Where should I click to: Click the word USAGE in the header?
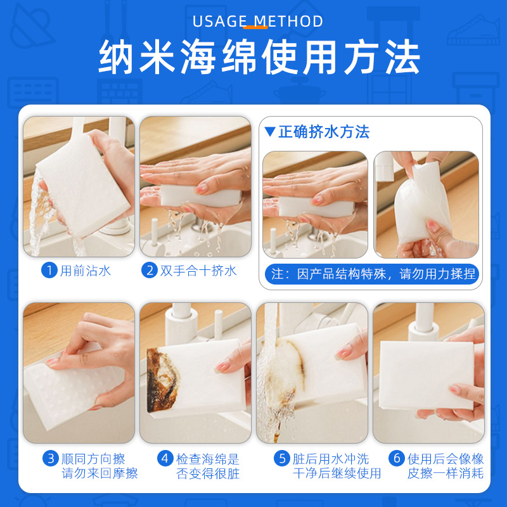pyautogui.click(x=219, y=21)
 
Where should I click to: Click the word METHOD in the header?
pyautogui.click(x=288, y=21)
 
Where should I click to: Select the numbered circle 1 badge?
pyautogui.click(x=49, y=271)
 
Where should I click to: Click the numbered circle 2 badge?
pyautogui.click(x=150, y=271)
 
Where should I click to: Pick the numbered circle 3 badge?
pyautogui.click(x=51, y=458)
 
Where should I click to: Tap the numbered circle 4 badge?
pyautogui.click(x=166, y=458)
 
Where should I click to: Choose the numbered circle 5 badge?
pyautogui.click(x=281, y=458)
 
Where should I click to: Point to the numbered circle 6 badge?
pyautogui.click(x=397, y=458)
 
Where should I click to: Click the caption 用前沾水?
pyautogui.click(x=86, y=271)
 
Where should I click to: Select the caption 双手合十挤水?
pyautogui.click(x=198, y=271)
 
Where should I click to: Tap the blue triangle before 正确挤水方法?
pyautogui.click(x=270, y=132)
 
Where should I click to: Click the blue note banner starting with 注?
pyautogui.click(x=372, y=274)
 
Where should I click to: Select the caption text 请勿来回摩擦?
pyautogui.click(x=99, y=473)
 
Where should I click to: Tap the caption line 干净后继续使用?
pyautogui.click(x=337, y=473)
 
